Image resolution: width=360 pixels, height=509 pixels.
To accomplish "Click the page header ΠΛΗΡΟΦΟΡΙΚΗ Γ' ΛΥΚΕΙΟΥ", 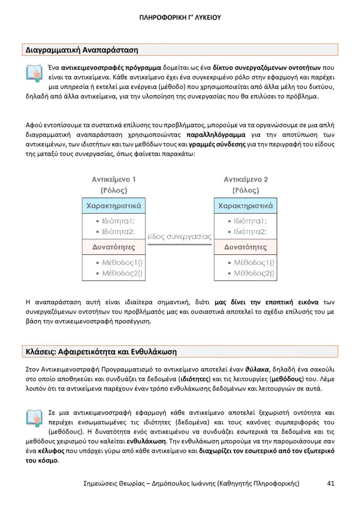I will [x=180, y=17].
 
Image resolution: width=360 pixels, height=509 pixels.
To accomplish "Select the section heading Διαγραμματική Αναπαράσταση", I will [x=82, y=50].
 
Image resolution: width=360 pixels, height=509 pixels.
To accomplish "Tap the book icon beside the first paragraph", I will [x=35, y=73].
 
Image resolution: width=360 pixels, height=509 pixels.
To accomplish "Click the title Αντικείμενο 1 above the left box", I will [x=113, y=179].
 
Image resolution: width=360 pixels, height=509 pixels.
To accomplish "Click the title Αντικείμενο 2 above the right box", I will [x=246, y=179].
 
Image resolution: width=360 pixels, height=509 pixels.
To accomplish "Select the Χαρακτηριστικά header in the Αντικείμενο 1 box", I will [x=114, y=206].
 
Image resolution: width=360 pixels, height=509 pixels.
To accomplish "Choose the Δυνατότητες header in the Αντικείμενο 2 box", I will [x=246, y=247].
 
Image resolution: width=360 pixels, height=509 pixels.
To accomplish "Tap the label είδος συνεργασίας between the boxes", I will [x=180, y=237].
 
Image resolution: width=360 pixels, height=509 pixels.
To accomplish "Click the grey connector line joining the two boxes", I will [x=180, y=244].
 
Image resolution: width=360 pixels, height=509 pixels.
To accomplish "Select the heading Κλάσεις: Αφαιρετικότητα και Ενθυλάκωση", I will [x=101, y=351].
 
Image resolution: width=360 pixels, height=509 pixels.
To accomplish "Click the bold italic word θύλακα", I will [x=257, y=370].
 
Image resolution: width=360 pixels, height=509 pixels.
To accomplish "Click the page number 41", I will [x=330, y=483].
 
